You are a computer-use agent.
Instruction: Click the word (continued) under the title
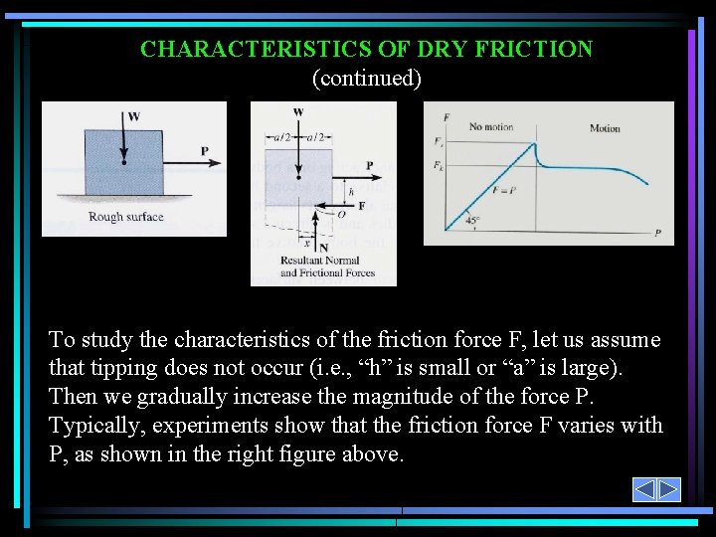click(x=366, y=78)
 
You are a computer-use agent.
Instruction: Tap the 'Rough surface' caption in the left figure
click(x=125, y=217)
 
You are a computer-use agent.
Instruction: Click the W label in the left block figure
click(x=134, y=116)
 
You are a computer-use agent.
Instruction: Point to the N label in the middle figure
click(x=324, y=248)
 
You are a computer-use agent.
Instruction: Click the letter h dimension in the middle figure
click(x=351, y=191)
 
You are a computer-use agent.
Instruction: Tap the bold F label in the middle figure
click(x=362, y=206)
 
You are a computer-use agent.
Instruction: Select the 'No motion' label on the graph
click(x=490, y=127)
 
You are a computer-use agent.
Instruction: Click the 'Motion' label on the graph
click(x=605, y=128)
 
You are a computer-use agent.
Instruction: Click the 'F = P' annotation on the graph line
click(x=505, y=189)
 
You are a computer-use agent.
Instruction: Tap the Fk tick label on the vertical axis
click(x=438, y=165)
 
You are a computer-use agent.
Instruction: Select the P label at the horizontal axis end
click(x=657, y=233)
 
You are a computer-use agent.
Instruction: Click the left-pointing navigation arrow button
click(x=644, y=489)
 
